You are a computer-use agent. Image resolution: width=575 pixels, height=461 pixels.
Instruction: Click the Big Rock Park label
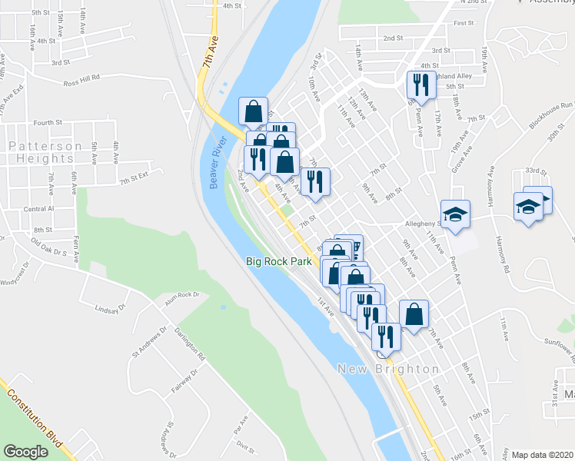[279, 261]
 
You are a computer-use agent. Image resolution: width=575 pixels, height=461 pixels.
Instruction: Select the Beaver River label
[218, 158]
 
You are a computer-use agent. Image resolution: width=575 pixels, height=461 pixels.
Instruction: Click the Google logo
[26, 452]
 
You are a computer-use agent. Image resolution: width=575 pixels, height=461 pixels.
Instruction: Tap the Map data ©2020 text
[543, 455]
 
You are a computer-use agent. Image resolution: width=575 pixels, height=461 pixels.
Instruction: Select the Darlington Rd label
[191, 347]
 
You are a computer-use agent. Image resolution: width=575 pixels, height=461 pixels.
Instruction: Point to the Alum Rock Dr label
[181, 294]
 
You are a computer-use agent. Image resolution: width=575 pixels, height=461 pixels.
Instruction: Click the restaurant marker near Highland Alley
[417, 83]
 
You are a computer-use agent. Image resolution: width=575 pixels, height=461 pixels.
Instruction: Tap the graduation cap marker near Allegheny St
[455, 213]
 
